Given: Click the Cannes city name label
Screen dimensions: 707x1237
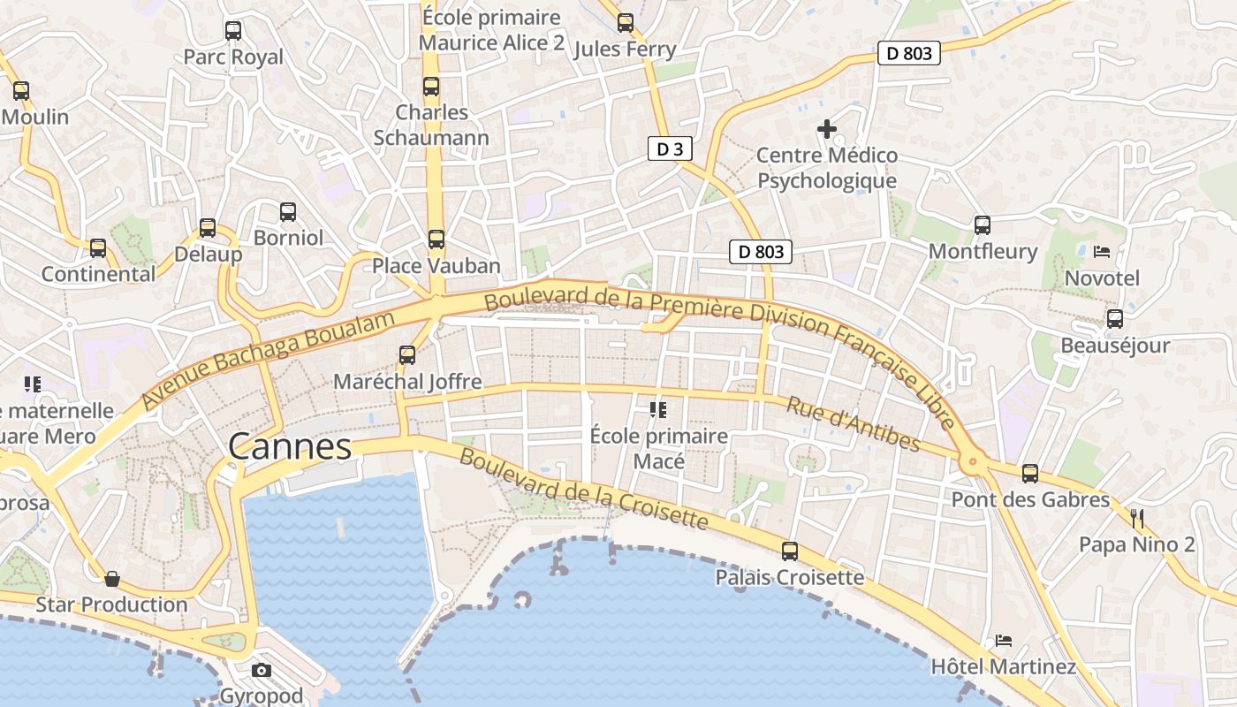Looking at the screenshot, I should click(x=290, y=447).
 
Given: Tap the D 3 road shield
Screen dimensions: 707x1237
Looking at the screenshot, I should click(x=670, y=148).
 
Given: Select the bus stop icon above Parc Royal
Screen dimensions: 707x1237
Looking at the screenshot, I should click(x=233, y=31).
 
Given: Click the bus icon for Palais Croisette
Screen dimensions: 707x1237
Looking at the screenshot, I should click(x=790, y=551).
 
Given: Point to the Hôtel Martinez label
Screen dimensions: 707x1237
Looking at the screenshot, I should click(x=1003, y=666).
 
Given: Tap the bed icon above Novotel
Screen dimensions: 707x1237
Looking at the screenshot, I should click(x=1101, y=252).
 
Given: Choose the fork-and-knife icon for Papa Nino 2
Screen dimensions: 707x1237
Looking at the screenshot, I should click(x=1137, y=519).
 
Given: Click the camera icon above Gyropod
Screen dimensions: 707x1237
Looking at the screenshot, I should click(x=262, y=670).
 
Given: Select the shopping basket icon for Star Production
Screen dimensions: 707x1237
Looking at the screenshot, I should click(x=112, y=579).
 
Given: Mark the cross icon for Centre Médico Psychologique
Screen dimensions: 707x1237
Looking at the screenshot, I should click(x=826, y=130).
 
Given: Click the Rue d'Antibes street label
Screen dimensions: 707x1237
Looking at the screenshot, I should click(x=853, y=424).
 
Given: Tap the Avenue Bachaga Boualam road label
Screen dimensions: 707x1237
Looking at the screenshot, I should click(x=268, y=360).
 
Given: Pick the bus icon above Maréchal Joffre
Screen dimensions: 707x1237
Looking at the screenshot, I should click(x=407, y=355).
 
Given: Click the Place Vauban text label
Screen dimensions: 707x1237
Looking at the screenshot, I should click(x=436, y=266).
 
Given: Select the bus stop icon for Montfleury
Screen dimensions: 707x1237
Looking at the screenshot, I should click(x=983, y=225).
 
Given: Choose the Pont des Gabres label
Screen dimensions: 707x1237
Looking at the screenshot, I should click(x=1029, y=499).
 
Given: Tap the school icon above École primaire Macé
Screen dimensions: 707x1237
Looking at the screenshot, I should click(x=657, y=409).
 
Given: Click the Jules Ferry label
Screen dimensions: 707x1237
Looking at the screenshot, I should click(x=625, y=49).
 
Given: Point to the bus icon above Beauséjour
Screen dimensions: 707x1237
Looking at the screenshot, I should click(x=1115, y=319).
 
